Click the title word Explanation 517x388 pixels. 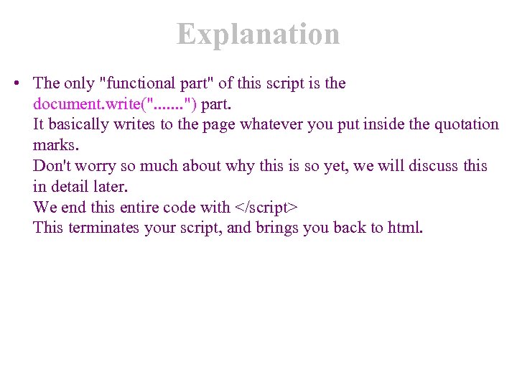[x=258, y=34]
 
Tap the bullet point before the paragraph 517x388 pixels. [x=16, y=84]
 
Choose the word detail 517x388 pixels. [x=71, y=187]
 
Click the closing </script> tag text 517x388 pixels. [x=266, y=208]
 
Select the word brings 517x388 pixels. [x=276, y=228]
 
